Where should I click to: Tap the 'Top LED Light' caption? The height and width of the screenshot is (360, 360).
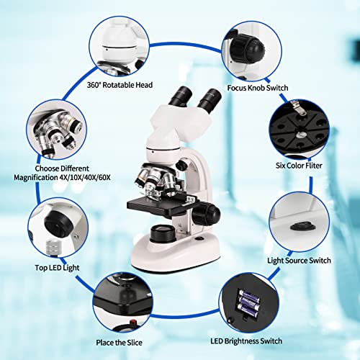(56, 267)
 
